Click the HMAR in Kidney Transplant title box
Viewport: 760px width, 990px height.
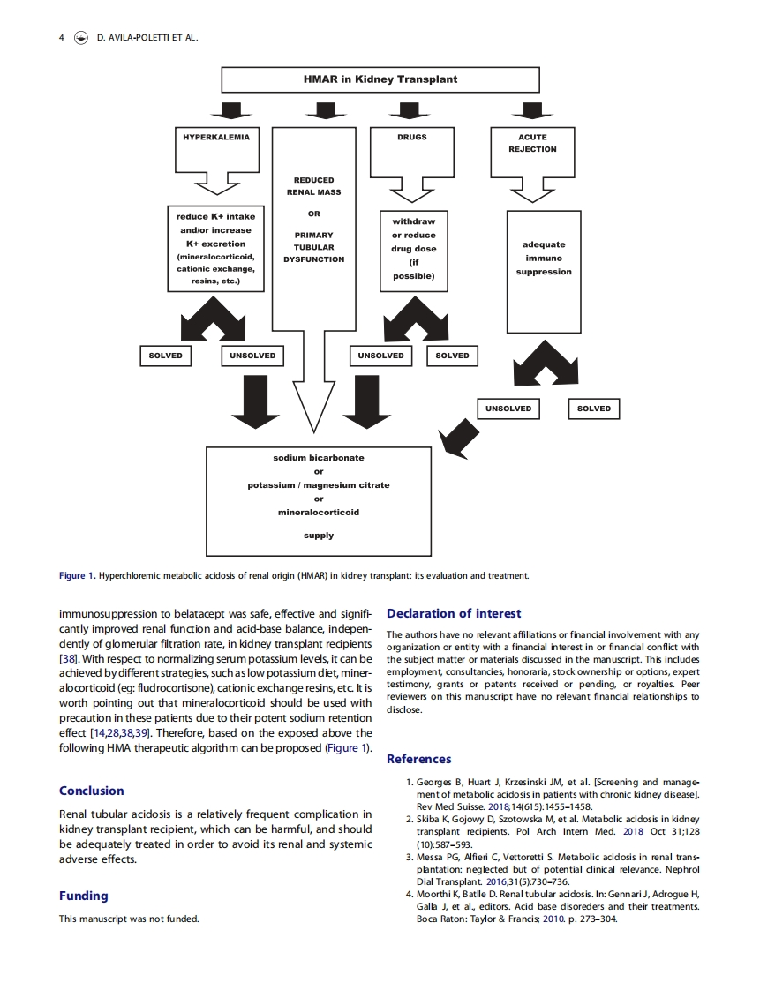point(380,79)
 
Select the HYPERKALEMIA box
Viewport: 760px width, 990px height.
point(216,138)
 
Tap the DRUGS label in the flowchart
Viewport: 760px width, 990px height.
point(412,138)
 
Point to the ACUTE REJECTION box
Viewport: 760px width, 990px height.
point(532,143)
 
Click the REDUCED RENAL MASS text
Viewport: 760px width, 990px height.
point(313,186)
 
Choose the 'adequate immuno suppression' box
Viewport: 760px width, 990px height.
point(543,259)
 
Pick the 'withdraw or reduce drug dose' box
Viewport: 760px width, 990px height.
point(413,249)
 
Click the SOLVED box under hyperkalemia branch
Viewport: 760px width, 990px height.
point(166,356)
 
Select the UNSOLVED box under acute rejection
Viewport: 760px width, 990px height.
point(508,409)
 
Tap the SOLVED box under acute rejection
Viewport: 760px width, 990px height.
point(593,409)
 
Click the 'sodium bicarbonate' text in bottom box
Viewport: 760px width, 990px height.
point(318,458)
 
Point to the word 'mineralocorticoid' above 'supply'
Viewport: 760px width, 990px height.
point(318,512)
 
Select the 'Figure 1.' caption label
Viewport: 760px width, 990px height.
point(77,576)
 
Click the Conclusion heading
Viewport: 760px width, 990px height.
point(92,791)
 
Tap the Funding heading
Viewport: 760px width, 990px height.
point(84,896)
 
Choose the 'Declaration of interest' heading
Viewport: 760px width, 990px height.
point(454,613)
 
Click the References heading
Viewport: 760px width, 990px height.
point(418,759)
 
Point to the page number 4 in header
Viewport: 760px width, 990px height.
point(61,38)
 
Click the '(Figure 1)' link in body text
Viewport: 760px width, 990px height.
point(345,748)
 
